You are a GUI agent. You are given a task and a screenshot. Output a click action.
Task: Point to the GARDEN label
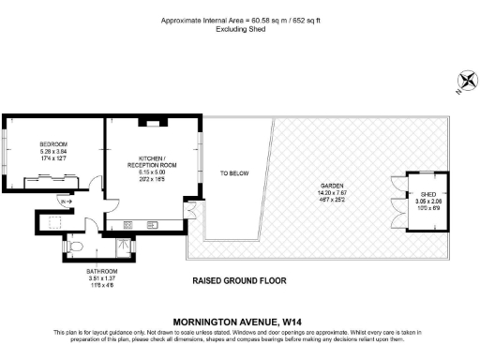(332, 186)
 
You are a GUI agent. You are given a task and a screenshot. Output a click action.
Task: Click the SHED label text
(428, 193)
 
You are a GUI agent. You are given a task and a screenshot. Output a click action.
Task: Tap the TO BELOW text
(233, 173)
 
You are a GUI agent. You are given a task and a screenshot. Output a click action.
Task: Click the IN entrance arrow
(65, 202)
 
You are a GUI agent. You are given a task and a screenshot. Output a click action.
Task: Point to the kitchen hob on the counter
(127, 225)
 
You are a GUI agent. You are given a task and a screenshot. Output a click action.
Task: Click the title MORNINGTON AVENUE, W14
(239, 320)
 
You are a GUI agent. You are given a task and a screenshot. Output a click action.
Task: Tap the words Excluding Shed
(239, 28)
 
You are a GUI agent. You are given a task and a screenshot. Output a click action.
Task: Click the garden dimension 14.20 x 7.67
(332, 193)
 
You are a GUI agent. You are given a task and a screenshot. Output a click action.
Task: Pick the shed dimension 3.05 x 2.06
(428, 201)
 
